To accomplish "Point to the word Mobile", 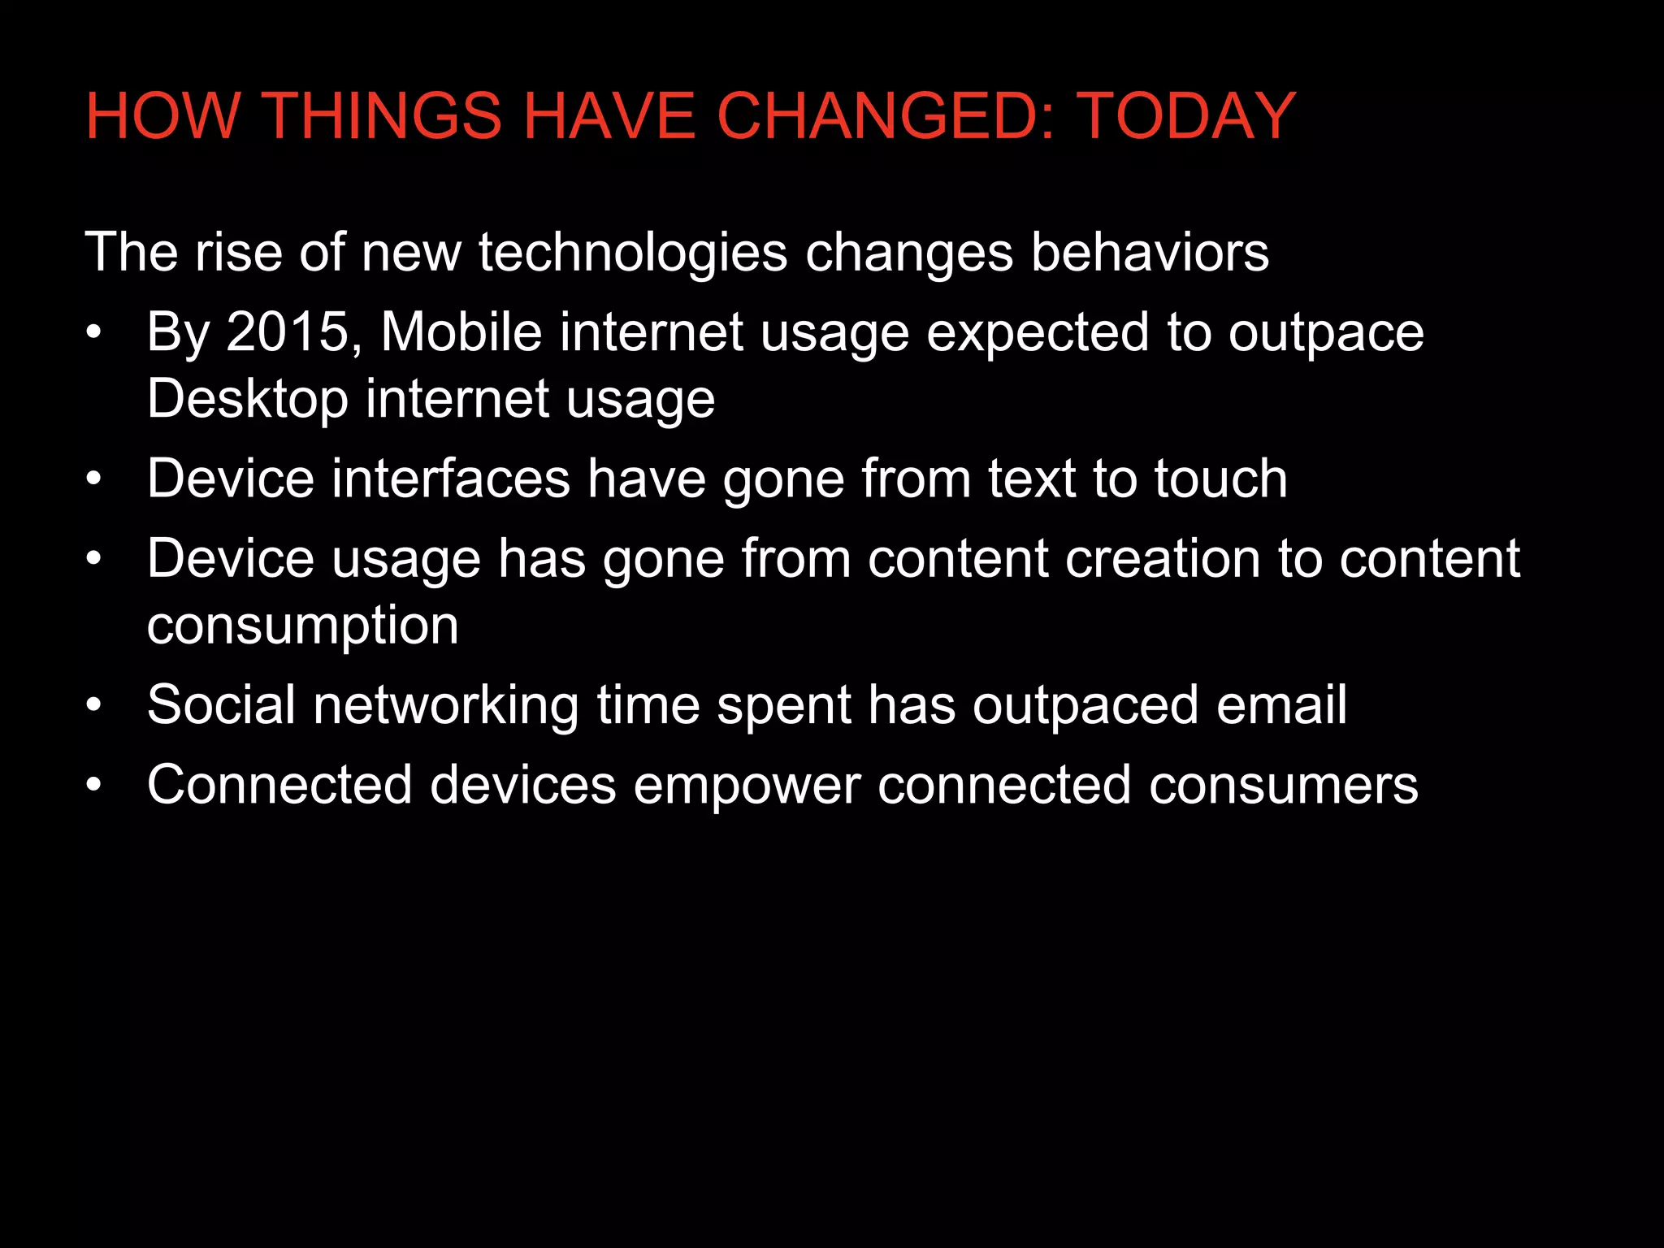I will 461,332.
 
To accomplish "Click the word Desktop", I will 248,399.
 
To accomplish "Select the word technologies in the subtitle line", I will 633,253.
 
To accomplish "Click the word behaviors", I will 1150,253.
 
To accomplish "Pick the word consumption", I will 303,626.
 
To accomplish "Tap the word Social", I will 221,704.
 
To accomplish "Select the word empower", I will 747,786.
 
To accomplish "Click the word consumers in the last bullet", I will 1283,786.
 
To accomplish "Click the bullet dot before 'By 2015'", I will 94,333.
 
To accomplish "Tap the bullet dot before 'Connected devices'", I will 94,786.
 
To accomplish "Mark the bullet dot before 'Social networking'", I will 94,705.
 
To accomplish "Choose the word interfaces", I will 451,479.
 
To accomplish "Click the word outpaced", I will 1085,706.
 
